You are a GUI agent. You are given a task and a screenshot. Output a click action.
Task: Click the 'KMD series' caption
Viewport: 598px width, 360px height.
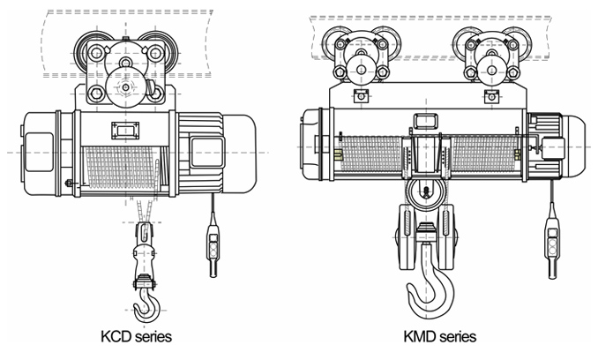point(439,336)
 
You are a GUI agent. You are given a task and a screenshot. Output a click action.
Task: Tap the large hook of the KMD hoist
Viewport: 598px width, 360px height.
point(426,282)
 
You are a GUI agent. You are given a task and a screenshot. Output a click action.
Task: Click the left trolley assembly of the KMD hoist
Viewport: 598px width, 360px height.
point(358,55)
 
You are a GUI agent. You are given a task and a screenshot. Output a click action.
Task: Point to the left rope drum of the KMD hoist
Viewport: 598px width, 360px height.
point(370,153)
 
